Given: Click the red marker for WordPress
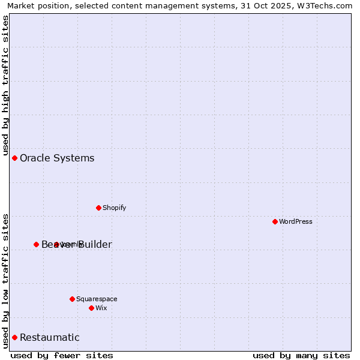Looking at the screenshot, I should coord(275,221).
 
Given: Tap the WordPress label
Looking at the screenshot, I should coord(296,221).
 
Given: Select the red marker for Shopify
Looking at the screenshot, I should coord(98,208).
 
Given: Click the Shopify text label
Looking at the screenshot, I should coord(114,208).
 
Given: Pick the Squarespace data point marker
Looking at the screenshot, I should coord(72,299).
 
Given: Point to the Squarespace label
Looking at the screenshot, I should coord(97,299).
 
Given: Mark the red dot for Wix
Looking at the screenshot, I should coord(91,308).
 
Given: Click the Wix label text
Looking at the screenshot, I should coord(101,308).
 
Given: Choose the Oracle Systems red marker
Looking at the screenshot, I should coord(14,158).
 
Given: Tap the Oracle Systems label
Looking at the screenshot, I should coord(57,158).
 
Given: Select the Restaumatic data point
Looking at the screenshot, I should coord(14,337).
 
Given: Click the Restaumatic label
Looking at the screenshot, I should coord(49,337).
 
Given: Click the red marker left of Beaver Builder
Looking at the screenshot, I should coord(36,244).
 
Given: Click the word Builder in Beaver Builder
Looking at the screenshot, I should coord(95,244).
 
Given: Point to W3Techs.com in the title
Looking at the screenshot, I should coord(325,5).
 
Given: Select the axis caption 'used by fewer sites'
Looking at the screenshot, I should coord(62,355).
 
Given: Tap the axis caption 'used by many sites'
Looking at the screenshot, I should coord(301,355).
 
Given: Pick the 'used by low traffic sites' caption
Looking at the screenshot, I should coord(5,280).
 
